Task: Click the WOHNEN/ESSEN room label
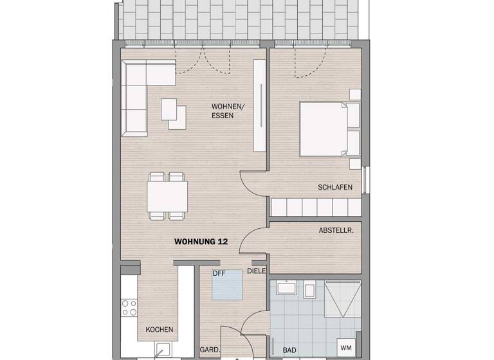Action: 226,111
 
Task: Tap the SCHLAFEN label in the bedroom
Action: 334,187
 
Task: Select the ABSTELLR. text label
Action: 336,230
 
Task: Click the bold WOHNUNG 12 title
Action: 201,242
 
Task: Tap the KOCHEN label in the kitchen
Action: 159,329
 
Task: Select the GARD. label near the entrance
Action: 210,350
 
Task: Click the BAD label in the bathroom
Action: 289,350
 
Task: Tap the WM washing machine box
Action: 346,348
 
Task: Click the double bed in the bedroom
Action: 328,129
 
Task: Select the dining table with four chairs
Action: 167,196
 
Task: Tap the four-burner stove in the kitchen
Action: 129,308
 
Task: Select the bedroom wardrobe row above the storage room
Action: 315,207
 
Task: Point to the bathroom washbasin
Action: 284,289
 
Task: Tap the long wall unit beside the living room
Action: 260,105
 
